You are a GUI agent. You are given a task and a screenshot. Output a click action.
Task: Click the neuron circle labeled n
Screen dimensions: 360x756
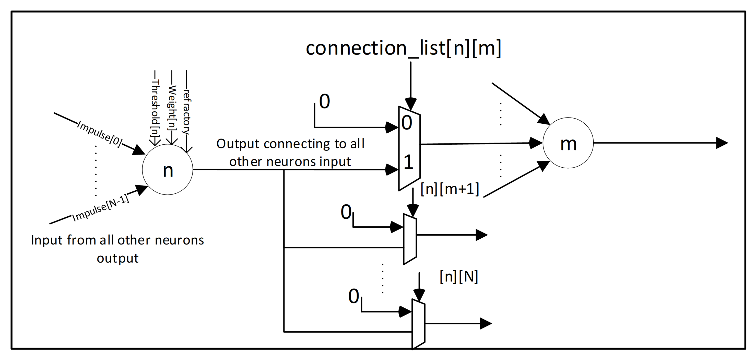click(168, 169)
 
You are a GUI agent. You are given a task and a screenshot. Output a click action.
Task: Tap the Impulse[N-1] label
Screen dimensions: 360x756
click(101, 208)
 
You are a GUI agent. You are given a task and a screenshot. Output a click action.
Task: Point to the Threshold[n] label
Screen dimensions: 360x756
click(155, 107)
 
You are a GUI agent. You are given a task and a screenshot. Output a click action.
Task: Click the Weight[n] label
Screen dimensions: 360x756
click(172, 107)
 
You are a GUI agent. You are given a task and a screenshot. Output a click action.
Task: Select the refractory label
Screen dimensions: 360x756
click(186, 112)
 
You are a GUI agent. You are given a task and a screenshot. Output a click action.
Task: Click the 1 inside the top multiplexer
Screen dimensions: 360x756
click(408, 162)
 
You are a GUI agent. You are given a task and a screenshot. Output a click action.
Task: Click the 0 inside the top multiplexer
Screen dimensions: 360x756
click(407, 123)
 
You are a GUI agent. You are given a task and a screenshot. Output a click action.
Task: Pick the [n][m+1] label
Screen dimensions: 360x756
click(450, 189)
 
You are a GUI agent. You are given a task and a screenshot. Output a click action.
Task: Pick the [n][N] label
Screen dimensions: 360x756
click(459, 277)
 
